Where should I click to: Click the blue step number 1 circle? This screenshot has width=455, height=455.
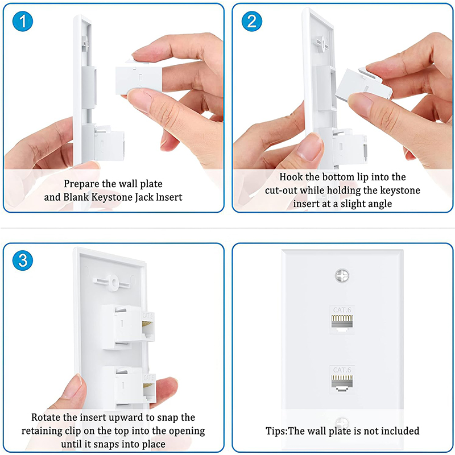click(x=23, y=21)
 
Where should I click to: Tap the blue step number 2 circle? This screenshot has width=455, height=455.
click(x=252, y=21)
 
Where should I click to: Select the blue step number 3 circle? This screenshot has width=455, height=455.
click(x=23, y=260)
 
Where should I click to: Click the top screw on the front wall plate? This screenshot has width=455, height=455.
click(x=342, y=275)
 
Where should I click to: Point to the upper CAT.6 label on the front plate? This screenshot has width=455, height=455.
click(x=342, y=310)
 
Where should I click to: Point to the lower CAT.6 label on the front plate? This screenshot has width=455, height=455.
click(x=342, y=370)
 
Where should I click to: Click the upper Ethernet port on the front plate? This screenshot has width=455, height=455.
click(x=342, y=323)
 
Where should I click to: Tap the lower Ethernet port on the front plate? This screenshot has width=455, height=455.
click(x=342, y=383)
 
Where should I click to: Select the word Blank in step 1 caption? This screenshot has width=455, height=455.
click(x=76, y=197)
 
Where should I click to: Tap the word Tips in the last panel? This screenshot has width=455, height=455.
click(x=276, y=431)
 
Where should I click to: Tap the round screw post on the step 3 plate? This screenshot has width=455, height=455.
click(x=113, y=282)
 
